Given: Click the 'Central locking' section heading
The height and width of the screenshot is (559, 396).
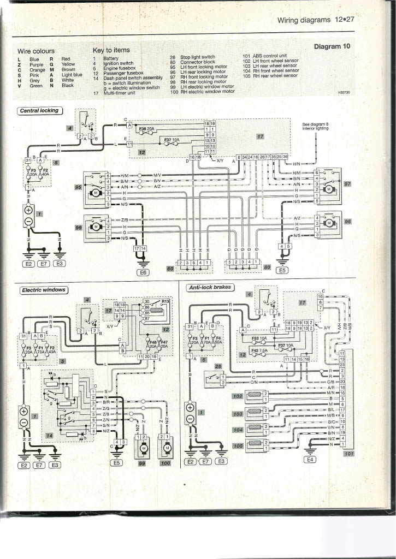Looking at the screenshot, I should pyautogui.click(x=39, y=111).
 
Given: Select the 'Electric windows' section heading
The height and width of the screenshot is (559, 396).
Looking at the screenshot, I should pyautogui.click(x=43, y=290).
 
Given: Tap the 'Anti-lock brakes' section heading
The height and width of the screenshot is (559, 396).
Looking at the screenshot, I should pyautogui.click(x=210, y=288).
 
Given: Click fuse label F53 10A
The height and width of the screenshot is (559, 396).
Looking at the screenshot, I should pyautogui.click(x=259, y=338).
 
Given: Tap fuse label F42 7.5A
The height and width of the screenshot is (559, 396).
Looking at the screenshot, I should pyautogui.click(x=259, y=350).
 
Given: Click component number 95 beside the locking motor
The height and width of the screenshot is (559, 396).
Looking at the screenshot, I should pyautogui.click(x=78, y=187).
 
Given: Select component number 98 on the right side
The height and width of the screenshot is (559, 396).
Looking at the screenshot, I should pyautogui.click(x=347, y=221).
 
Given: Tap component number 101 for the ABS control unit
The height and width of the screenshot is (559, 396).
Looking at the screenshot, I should pyautogui.click(x=349, y=453).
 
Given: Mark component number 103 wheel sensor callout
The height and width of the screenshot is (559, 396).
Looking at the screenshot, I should pyautogui.click(x=237, y=414).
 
